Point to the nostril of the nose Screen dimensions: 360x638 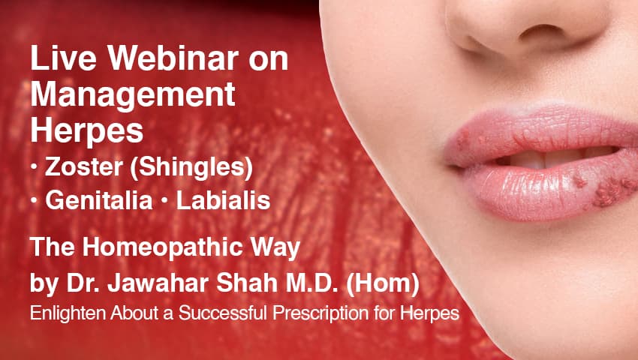coord(525,34)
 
